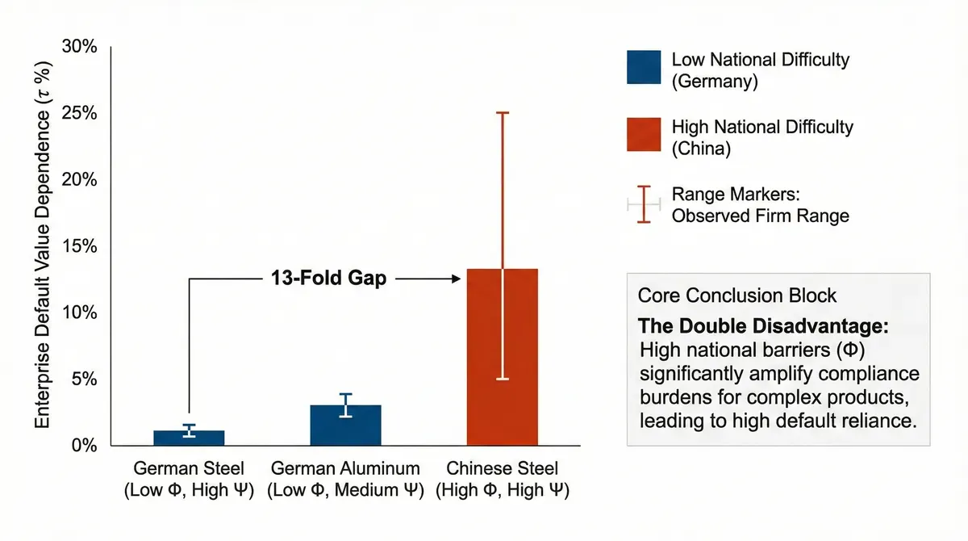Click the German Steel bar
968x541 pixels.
pyautogui.click(x=189, y=438)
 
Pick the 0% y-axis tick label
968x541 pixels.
pyautogui.click(x=83, y=446)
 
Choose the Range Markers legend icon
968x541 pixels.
pyautogui.click(x=644, y=204)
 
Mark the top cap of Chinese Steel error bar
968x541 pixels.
pyautogui.click(x=502, y=112)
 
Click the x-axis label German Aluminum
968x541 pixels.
pyautogui.click(x=345, y=468)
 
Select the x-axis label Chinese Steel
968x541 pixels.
pyautogui.click(x=502, y=468)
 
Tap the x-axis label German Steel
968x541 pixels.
pyautogui.click(x=189, y=468)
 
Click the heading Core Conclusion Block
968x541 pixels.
pyautogui.click(x=737, y=296)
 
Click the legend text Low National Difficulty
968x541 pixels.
pyautogui.click(x=760, y=59)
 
